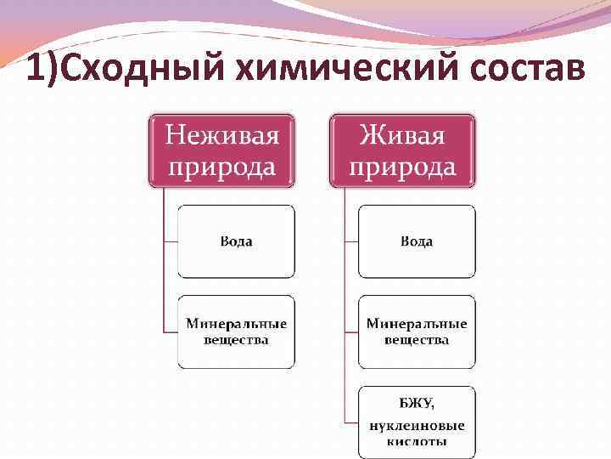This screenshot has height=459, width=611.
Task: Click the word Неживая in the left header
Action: (x=221, y=135)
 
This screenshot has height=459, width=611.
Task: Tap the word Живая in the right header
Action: (x=402, y=135)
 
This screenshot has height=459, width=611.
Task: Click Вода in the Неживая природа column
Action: (x=236, y=241)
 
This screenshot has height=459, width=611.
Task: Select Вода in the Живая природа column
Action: (x=417, y=241)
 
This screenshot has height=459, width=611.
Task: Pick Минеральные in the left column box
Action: (x=237, y=324)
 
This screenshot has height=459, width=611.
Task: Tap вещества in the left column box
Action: (x=237, y=340)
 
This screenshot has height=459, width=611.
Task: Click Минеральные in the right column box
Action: (x=417, y=324)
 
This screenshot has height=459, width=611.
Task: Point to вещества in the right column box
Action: (x=417, y=340)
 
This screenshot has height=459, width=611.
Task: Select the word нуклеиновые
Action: (x=417, y=425)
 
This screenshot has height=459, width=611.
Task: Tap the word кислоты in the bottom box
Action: (x=417, y=442)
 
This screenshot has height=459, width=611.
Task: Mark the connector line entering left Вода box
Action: (x=170, y=241)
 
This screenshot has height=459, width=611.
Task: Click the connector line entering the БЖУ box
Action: (x=351, y=422)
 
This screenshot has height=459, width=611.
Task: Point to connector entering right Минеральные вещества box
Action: (x=351, y=331)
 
